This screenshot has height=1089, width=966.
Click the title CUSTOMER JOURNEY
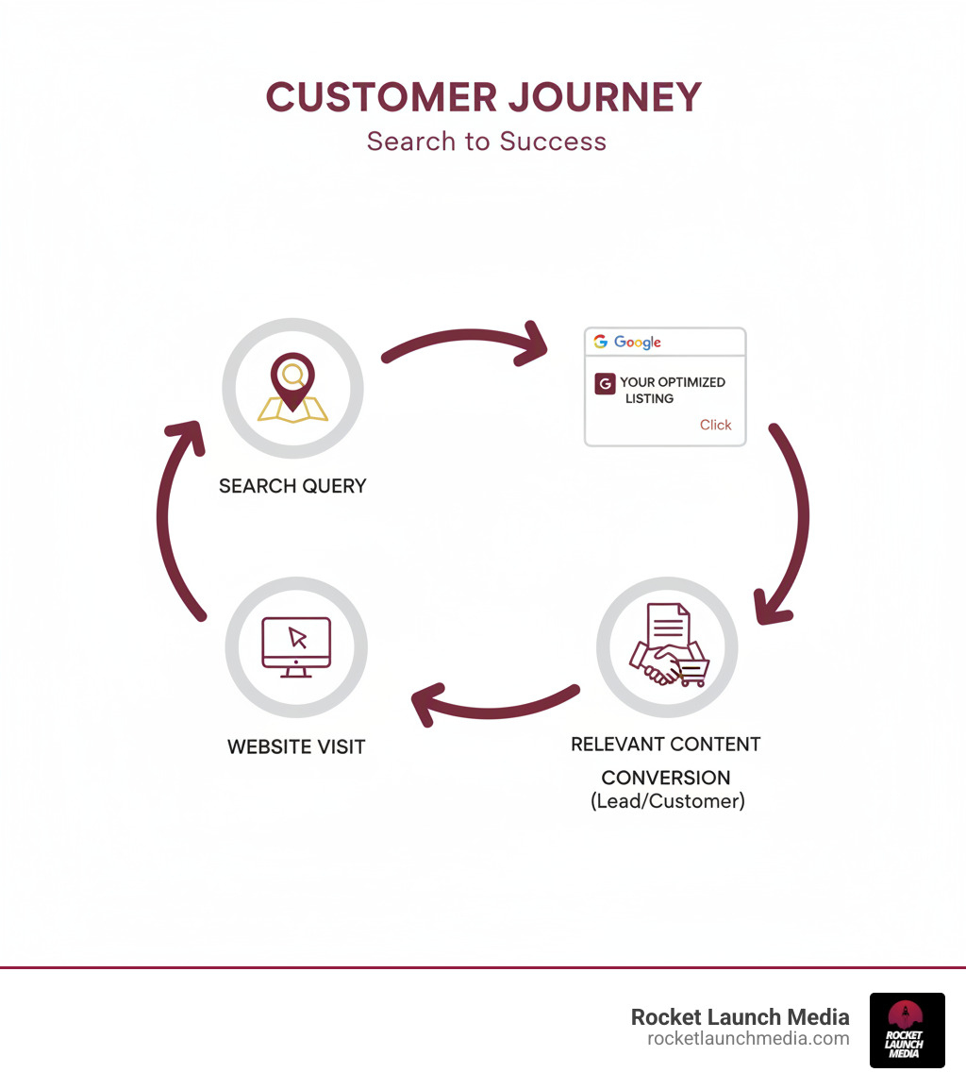(x=483, y=97)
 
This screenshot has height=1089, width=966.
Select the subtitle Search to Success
(x=486, y=142)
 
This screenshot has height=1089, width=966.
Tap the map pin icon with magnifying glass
(x=292, y=388)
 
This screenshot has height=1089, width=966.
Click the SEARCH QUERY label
(x=292, y=486)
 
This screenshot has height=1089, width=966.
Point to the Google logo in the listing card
(x=628, y=342)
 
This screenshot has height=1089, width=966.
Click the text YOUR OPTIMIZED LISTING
(x=671, y=390)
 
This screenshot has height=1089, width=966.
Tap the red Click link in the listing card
(x=715, y=425)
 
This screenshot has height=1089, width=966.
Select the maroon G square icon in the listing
(x=605, y=384)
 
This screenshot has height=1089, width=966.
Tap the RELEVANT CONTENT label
(x=665, y=744)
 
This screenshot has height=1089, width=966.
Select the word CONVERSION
(x=665, y=778)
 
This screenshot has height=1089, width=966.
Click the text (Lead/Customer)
(x=667, y=802)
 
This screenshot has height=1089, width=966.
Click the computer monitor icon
(x=296, y=646)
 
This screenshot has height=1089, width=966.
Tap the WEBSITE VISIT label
(x=296, y=746)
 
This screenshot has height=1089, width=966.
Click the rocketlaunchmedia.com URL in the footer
(x=747, y=1038)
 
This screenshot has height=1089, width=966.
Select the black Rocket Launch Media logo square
(x=907, y=1030)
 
